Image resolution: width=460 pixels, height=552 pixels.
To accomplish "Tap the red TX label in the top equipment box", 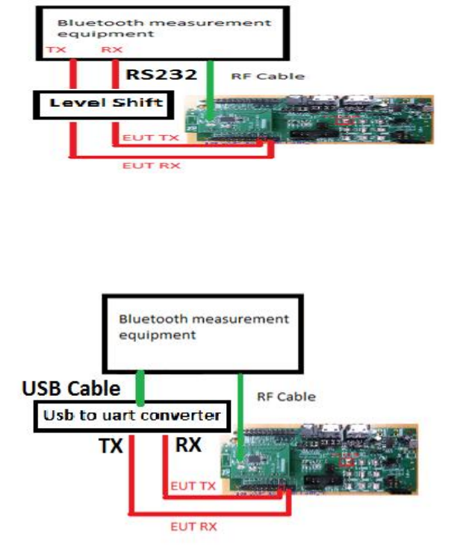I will (x=55, y=49).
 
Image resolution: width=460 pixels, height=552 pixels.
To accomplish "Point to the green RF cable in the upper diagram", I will (x=214, y=90).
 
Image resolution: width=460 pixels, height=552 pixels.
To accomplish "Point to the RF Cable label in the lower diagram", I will (x=286, y=397).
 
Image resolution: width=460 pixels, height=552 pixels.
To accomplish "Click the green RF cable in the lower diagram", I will (x=239, y=415).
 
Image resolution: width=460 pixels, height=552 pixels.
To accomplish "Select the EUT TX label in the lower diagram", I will (x=192, y=486).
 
